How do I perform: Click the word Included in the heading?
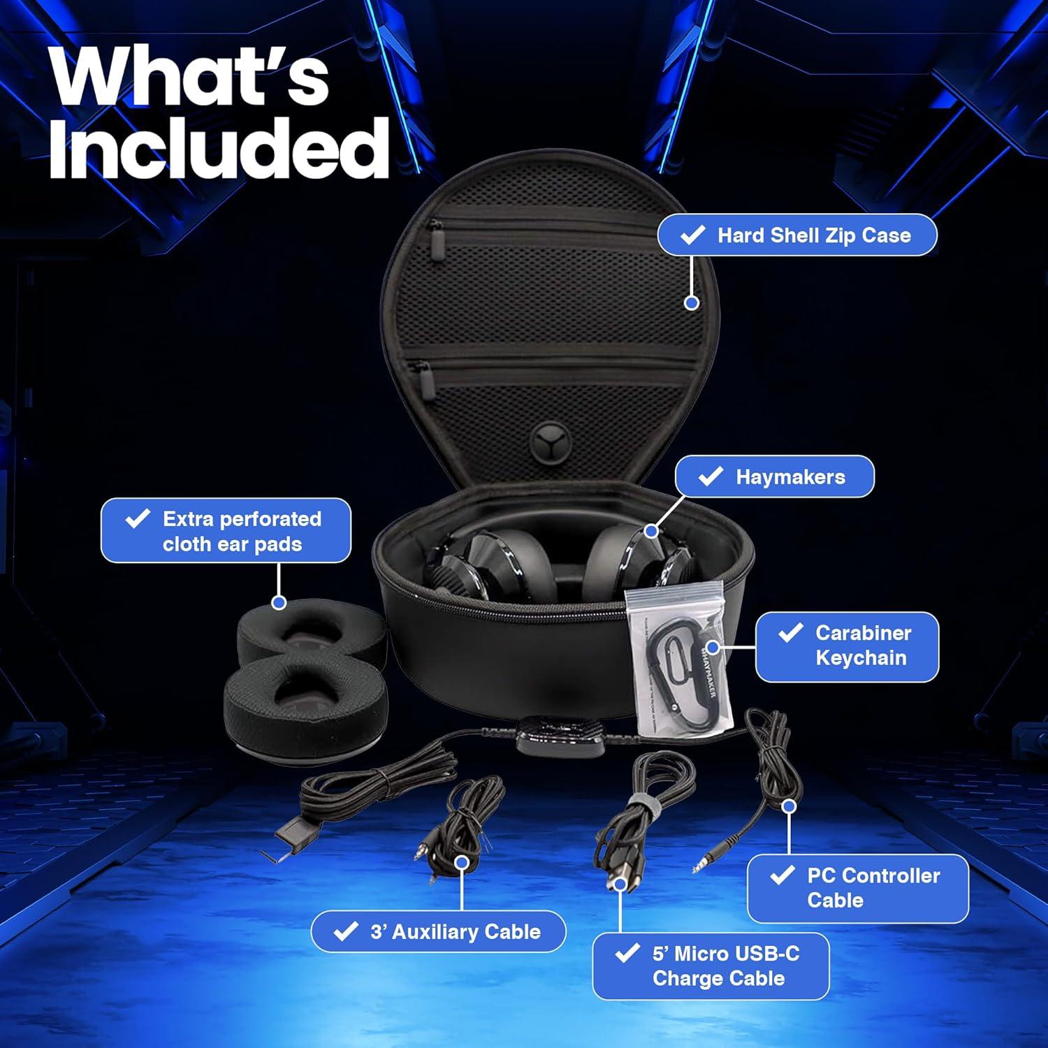[x=218, y=148]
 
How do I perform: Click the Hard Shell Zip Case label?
[x=796, y=235]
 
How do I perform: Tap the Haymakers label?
[x=774, y=476]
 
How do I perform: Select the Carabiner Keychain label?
[x=847, y=646]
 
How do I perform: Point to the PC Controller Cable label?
[x=857, y=888]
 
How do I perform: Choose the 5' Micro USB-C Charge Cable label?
[x=711, y=966]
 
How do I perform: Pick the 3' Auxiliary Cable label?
[x=438, y=931]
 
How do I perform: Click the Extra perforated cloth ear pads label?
[x=226, y=530]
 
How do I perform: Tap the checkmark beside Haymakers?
[x=711, y=476]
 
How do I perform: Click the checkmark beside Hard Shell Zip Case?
[x=692, y=235]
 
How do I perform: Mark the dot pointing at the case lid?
[x=692, y=303]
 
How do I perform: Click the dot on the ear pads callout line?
[x=278, y=602]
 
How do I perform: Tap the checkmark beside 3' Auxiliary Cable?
[x=345, y=931]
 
